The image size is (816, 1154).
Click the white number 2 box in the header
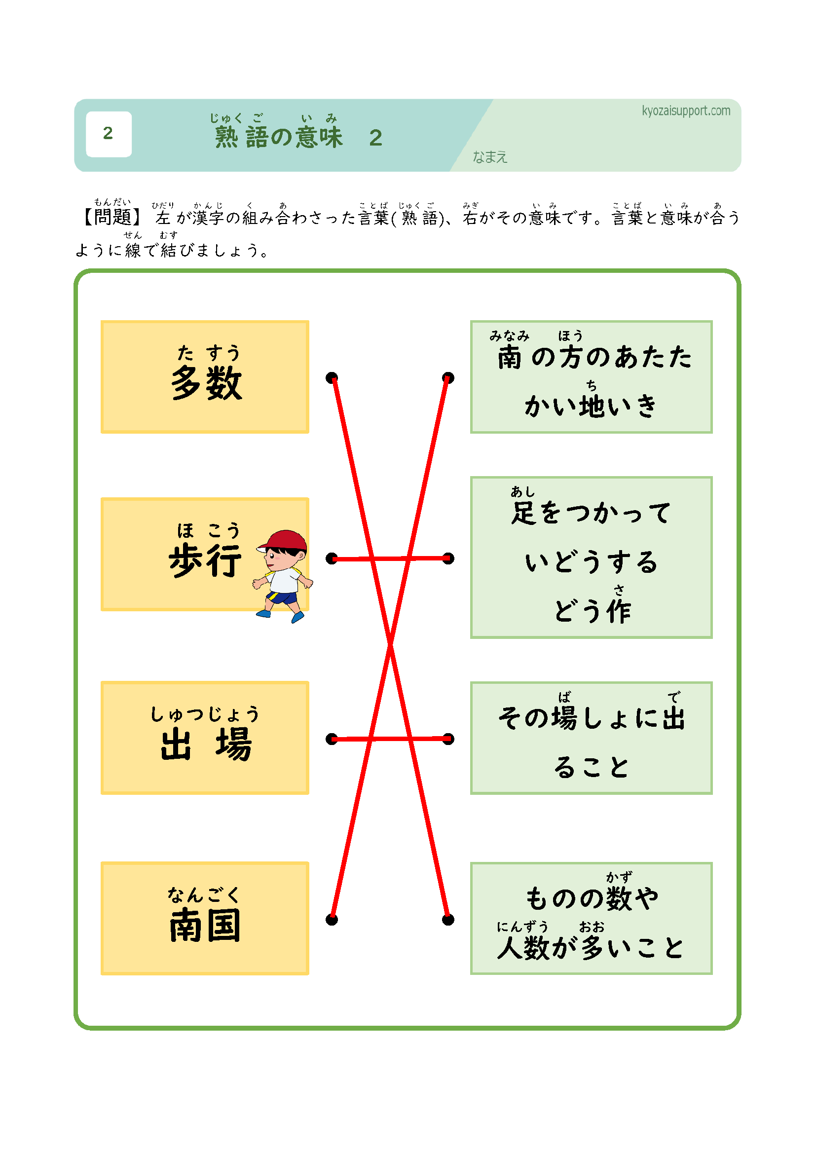click(x=109, y=134)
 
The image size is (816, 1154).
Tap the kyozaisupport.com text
click(x=685, y=111)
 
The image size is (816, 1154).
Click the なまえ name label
click(x=489, y=157)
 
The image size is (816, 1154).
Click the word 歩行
click(x=205, y=560)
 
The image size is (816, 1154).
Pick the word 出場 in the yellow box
click(x=206, y=744)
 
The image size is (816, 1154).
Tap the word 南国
click(x=205, y=925)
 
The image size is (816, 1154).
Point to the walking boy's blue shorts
click(x=282, y=597)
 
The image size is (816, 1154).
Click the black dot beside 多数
click(x=332, y=377)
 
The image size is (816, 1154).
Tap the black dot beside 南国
click(x=332, y=920)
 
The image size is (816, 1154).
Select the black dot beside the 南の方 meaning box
click(x=448, y=377)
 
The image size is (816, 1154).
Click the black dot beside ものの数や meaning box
click(x=448, y=920)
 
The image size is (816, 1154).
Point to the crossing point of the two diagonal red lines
click(x=390, y=643)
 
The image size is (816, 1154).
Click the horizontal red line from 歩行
click(x=352, y=558)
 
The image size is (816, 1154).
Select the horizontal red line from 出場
click(x=352, y=739)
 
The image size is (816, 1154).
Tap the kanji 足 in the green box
click(x=523, y=513)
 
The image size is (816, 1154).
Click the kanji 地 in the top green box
click(x=592, y=406)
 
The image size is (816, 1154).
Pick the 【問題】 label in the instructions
click(x=111, y=217)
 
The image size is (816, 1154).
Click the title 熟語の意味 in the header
click(x=279, y=137)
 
